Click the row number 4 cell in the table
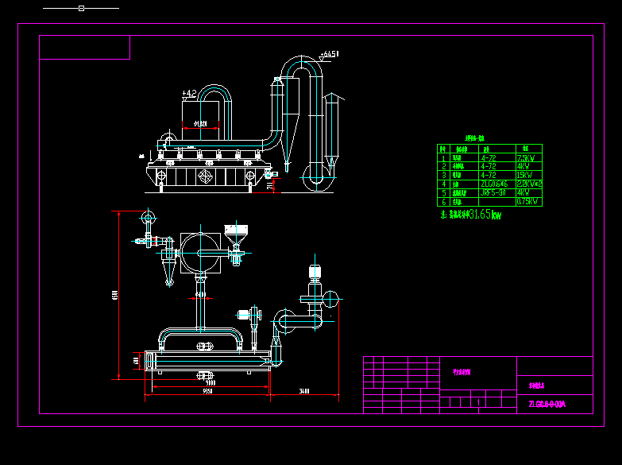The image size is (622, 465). (442, 184)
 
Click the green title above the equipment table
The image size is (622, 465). (480, 138)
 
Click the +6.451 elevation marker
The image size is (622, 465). (329, 54)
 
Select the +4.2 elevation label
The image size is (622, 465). (189, 94)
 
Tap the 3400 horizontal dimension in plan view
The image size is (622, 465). (305, 391)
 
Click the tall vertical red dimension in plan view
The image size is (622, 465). (117, 295)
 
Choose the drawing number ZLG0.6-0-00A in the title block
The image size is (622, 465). (547, 405)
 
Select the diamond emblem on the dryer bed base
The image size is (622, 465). (206, 175)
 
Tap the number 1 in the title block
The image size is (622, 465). (479, 403)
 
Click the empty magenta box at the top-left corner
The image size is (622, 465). (84, 48)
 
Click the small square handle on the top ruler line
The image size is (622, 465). (81, 8)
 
